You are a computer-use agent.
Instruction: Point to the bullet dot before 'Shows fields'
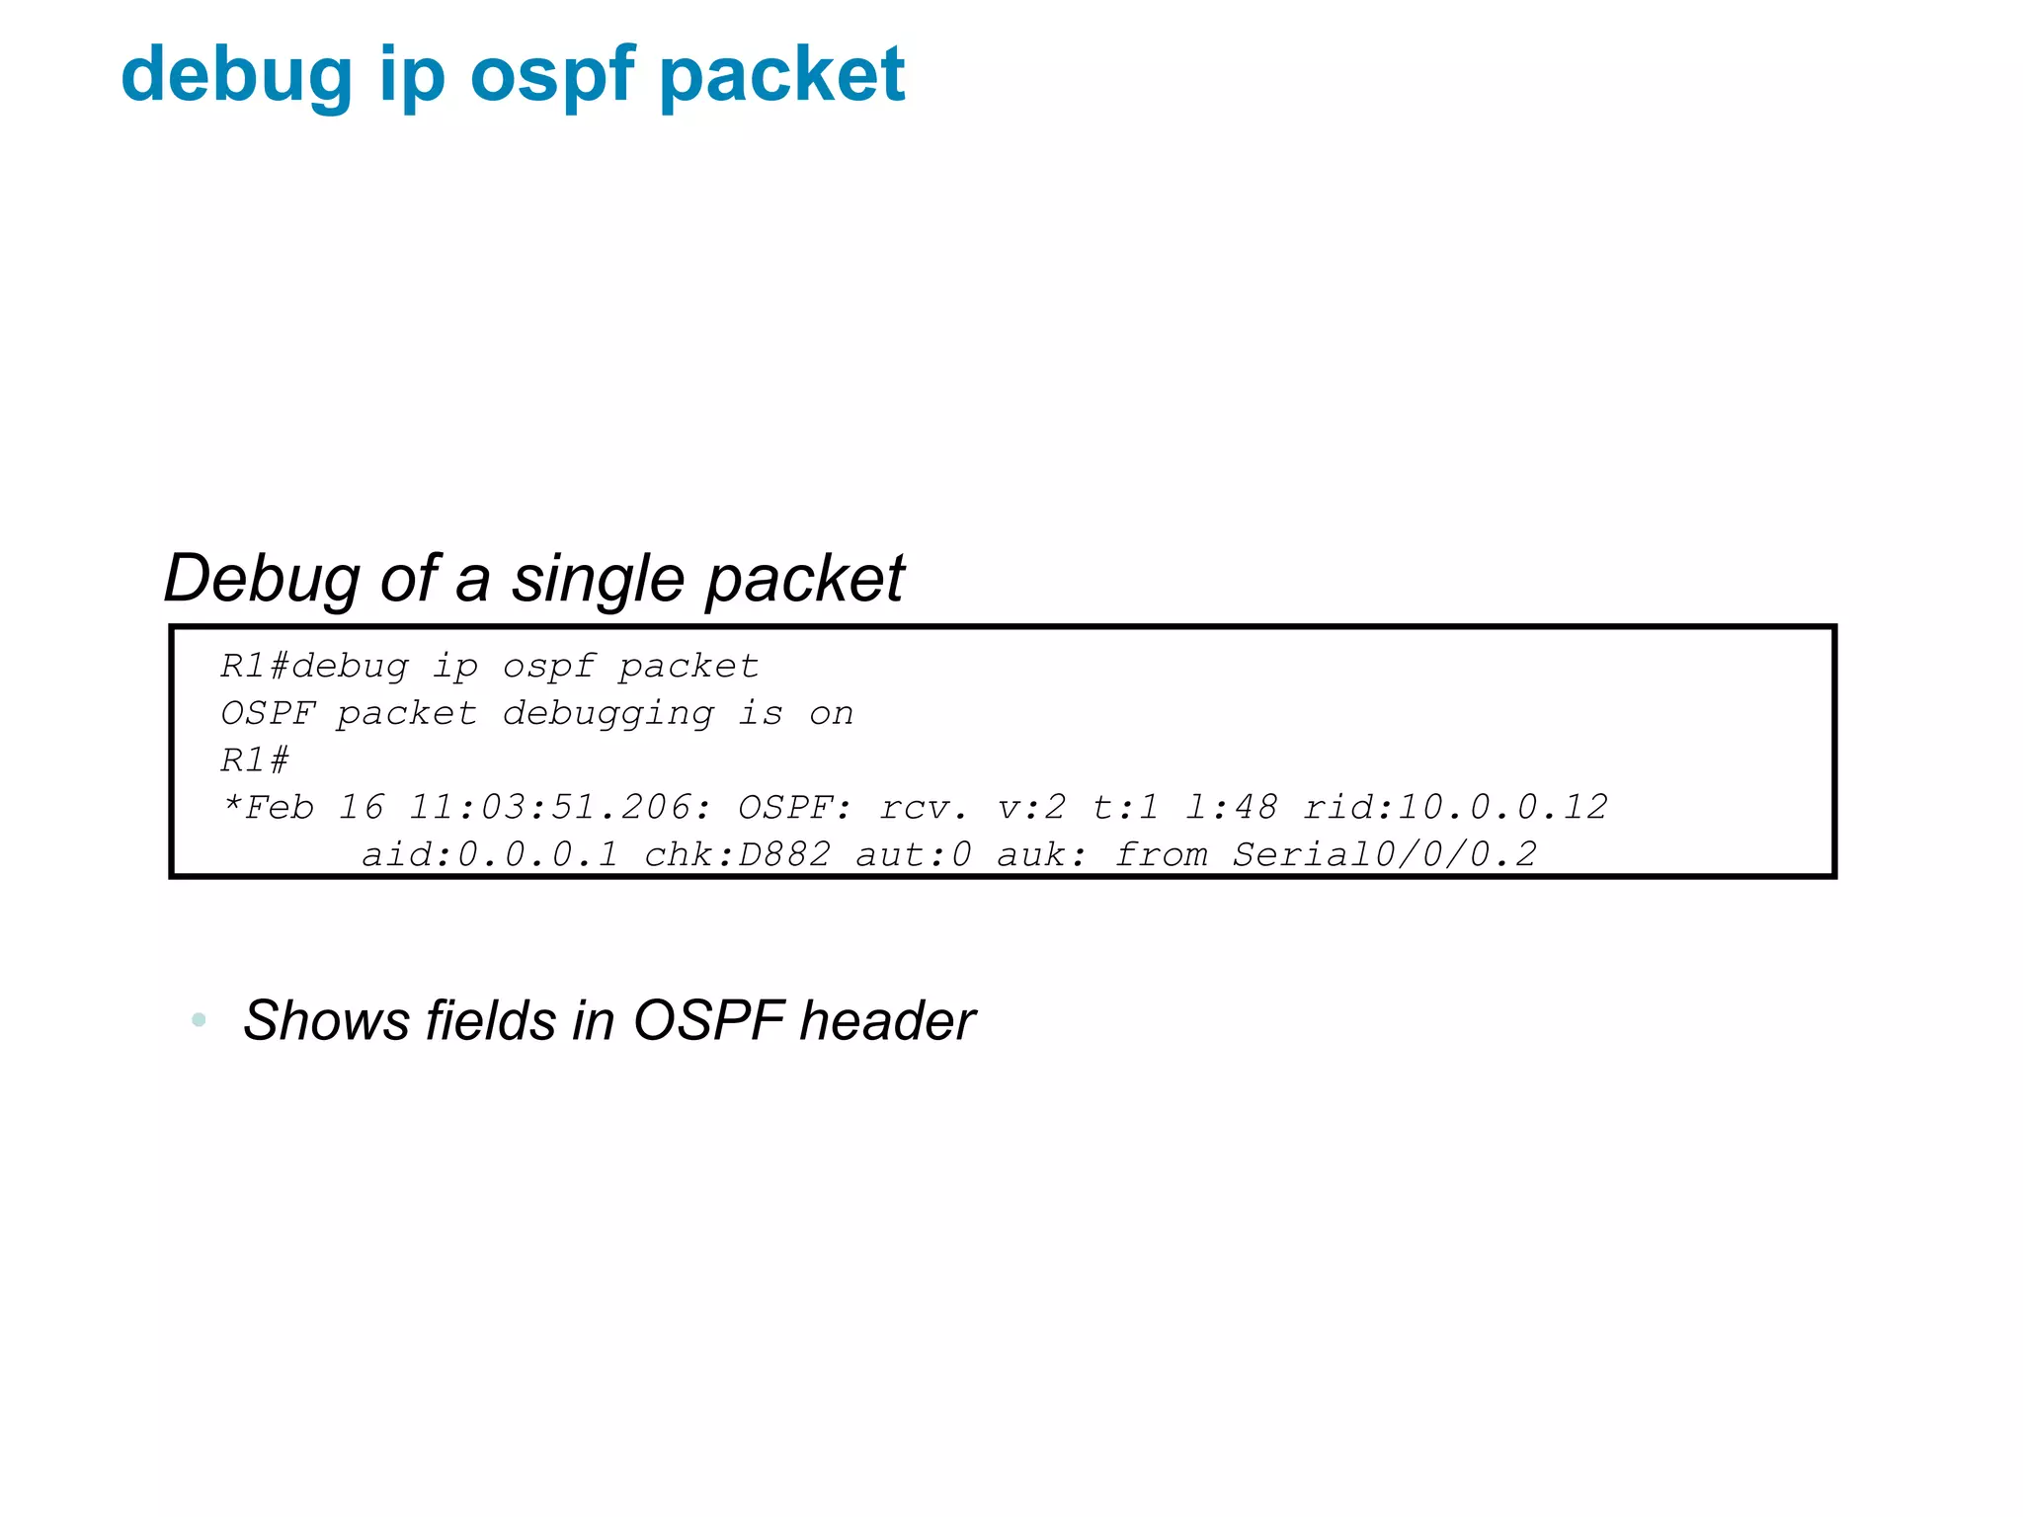pyautogui.click(x=200, y=1019)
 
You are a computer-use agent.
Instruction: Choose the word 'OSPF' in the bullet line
pyautogui.click(x=709, y=1020)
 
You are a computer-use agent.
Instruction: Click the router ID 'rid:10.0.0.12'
pyautogui.click(x=1455, y=808)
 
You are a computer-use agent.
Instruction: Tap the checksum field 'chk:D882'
pyautogui.click(x=737, y=854)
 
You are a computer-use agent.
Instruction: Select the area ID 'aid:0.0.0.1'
pyautogui.click(x=490, y=854)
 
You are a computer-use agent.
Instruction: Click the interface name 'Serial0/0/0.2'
pyautogui.click(x=1384, y=854)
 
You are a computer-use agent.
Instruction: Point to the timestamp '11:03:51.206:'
pyautogui.click(x=560, y=808)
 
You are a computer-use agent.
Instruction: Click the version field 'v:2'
pyautogui.click(x=1031, y=808)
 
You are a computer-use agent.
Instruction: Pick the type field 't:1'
pyautogui.click(x=1125, y=808)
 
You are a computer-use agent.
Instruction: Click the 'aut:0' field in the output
pyautogui.click(x=914, y=854)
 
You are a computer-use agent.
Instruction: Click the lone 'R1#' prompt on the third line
pyautogui.click(x=255, y=760)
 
